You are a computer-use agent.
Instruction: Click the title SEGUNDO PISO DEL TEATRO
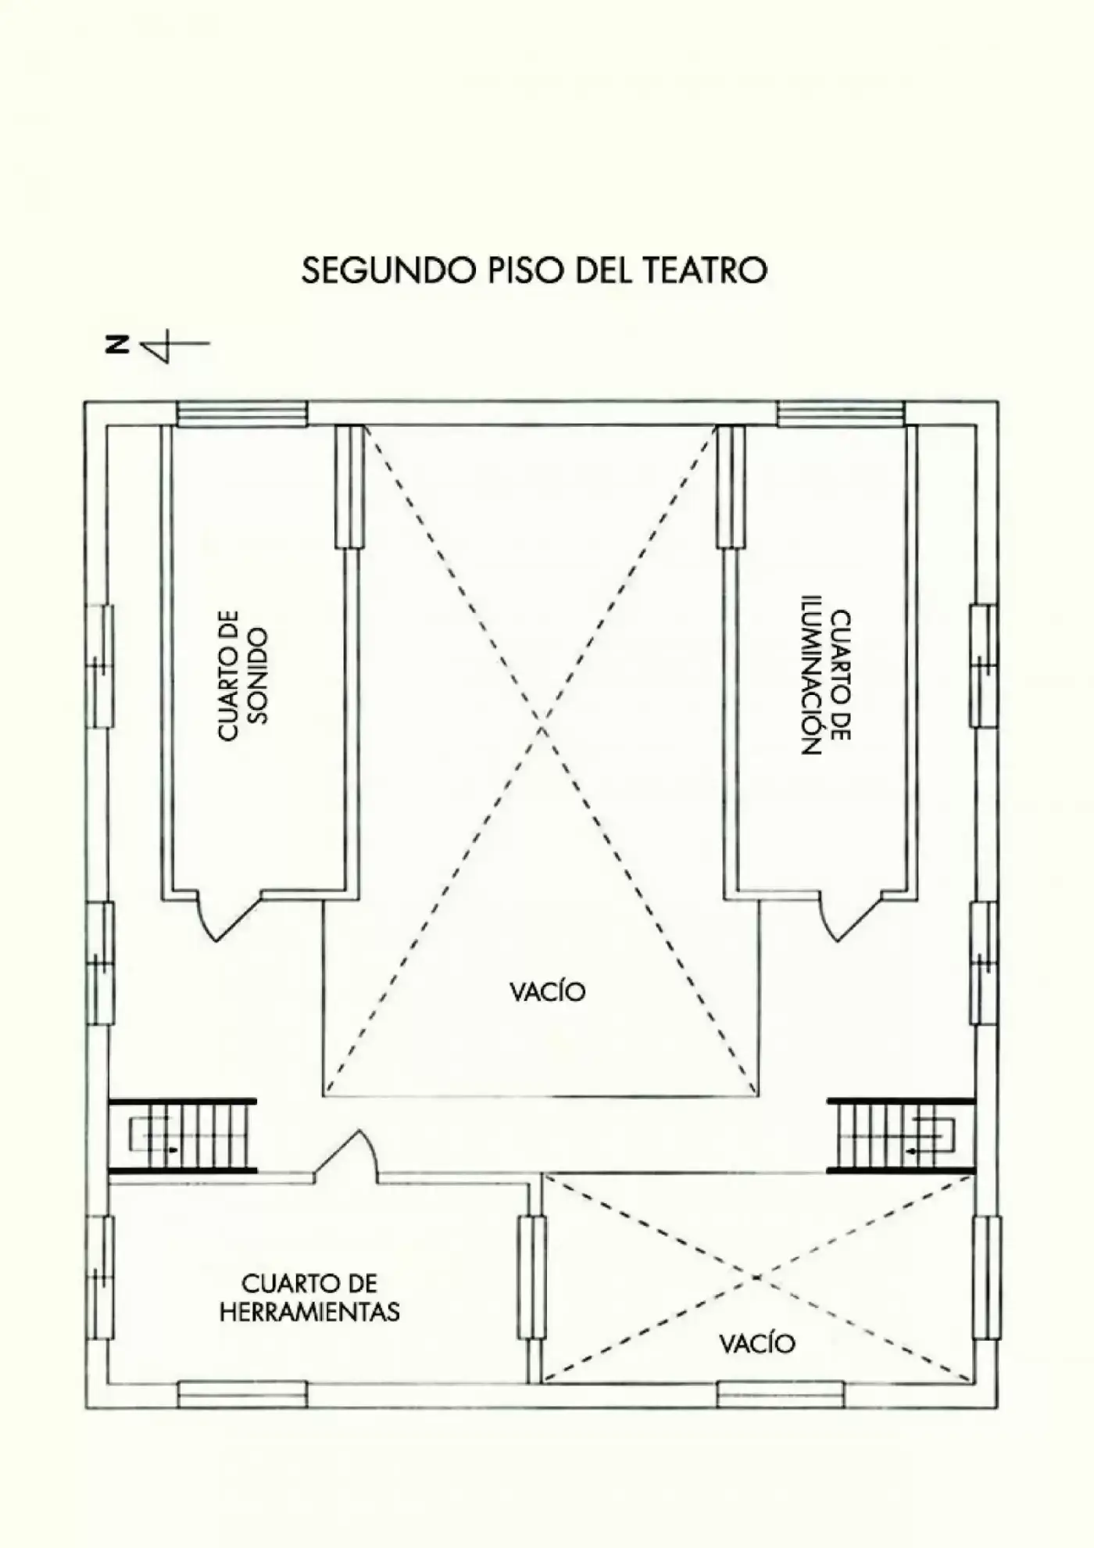coord(534,271)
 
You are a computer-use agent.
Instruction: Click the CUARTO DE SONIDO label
coord(243,675)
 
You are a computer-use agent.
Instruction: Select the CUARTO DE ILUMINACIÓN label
coord(826,682)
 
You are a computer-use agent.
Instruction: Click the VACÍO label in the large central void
coord(547,992)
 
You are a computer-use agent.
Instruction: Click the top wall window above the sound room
coord(242,414)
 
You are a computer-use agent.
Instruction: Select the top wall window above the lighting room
coord(842,414)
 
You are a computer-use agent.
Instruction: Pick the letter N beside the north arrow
coord(117,345)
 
